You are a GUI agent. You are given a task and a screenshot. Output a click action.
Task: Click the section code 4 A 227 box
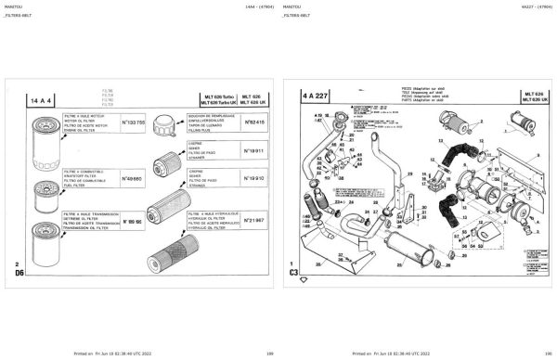click(313, 96)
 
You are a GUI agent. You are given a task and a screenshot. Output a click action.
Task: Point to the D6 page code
click(18, 274)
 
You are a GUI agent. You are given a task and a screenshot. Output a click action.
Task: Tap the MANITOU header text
click(18, 7)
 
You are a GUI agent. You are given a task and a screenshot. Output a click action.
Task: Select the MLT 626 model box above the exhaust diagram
click(533, 96)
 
